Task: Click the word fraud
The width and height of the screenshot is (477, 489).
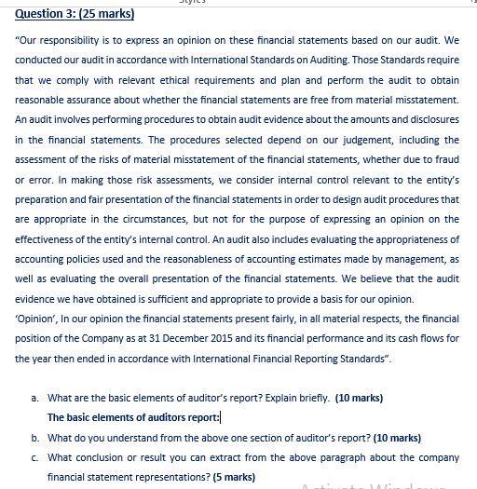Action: point(444,158)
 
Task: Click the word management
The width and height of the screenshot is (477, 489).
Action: point(411,258)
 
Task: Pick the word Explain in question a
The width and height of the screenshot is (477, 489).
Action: point(261,398)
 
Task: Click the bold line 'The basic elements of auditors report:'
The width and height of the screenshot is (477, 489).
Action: point(132,417)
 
